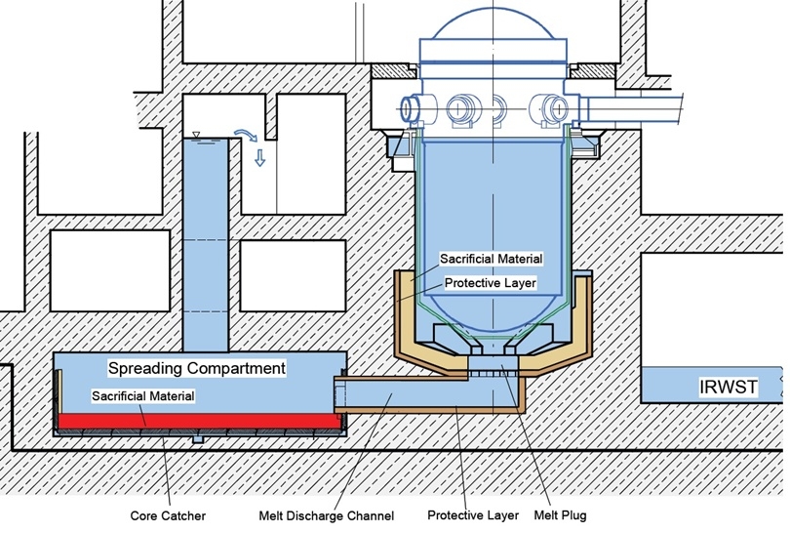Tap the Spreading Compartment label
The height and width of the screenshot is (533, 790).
pos(196,369)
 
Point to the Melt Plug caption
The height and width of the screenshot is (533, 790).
pos(560,514)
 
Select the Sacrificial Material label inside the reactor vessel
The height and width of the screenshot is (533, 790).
pos(491,259)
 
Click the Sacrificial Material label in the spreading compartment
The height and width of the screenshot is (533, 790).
pos(143,396)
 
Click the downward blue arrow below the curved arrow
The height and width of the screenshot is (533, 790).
pos(259,157)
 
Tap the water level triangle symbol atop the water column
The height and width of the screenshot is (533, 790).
pos(196,134)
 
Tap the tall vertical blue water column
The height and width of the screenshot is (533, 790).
pos(205,244)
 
